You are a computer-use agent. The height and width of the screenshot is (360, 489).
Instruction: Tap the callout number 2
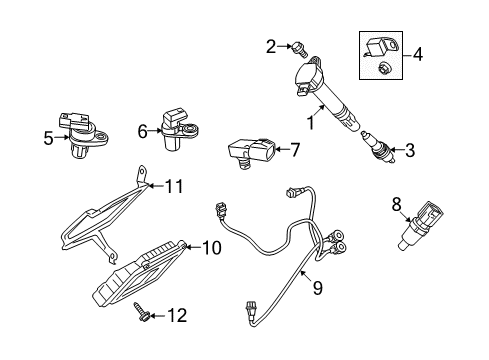(270, 45)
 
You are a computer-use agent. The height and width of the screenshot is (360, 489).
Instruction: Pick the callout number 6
(142, 130)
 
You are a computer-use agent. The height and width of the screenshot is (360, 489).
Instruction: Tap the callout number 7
(294, 150)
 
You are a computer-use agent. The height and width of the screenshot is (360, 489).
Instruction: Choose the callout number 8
(397, 204)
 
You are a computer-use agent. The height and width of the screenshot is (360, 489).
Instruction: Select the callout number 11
(175, 184)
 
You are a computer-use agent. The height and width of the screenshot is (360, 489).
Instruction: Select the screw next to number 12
(148, 315)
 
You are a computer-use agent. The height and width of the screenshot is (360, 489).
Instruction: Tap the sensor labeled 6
(174, 128)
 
